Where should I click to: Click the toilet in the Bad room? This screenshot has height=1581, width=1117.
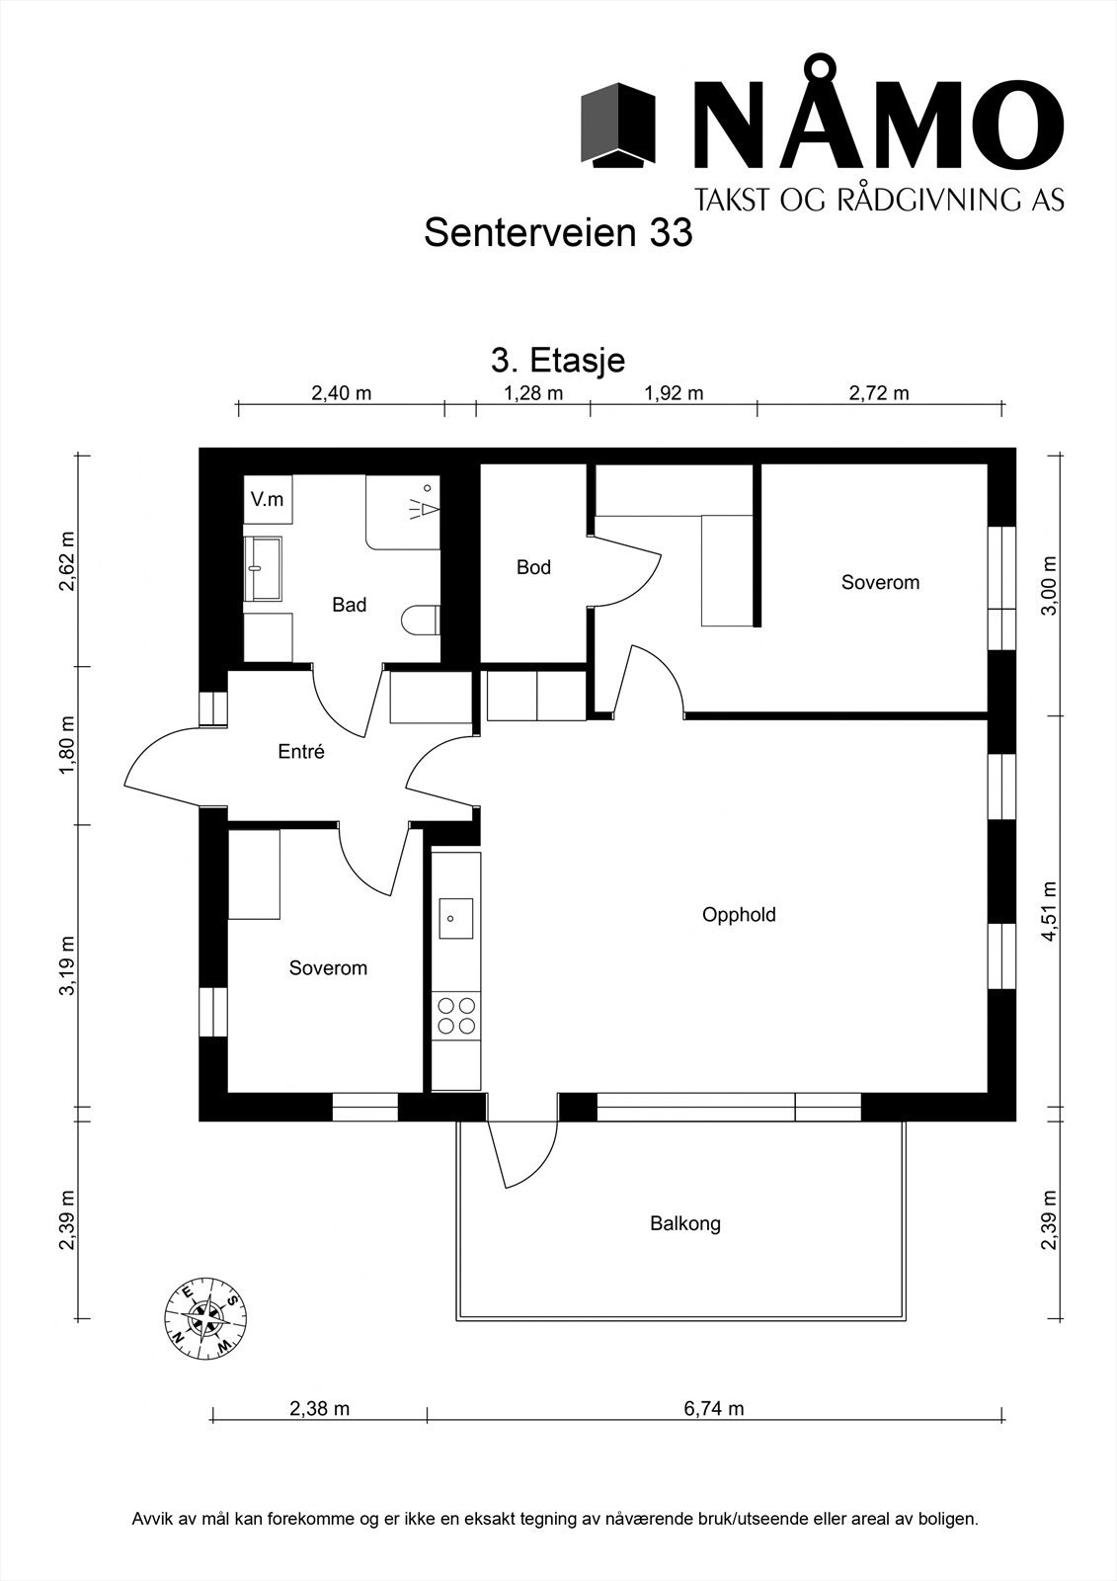[x=421, y=622]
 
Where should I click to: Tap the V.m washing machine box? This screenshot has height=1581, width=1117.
[x=268, y=500]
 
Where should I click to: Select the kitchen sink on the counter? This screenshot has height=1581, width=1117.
[x=456, y=918]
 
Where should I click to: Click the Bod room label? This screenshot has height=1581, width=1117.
[x=533, y=567]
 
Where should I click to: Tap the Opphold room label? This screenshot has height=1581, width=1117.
[x=739, y=915]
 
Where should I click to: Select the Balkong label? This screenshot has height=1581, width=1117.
[x=685, y=1223]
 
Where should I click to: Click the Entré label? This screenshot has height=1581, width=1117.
[x=301, y=752]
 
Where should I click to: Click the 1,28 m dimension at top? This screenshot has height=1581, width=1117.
[x=533, y=392]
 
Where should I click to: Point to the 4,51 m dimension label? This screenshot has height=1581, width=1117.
[x=1049, y=910]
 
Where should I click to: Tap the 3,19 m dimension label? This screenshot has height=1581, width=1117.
[x=67, y=965]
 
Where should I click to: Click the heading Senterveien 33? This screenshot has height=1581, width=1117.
[x=558, y=233]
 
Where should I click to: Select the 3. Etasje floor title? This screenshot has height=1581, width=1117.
[x=558, y=361]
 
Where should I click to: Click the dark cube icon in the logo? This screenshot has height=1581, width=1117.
[x=618, y=125]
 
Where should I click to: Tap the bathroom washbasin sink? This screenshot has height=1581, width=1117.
[x=263, y=568]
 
